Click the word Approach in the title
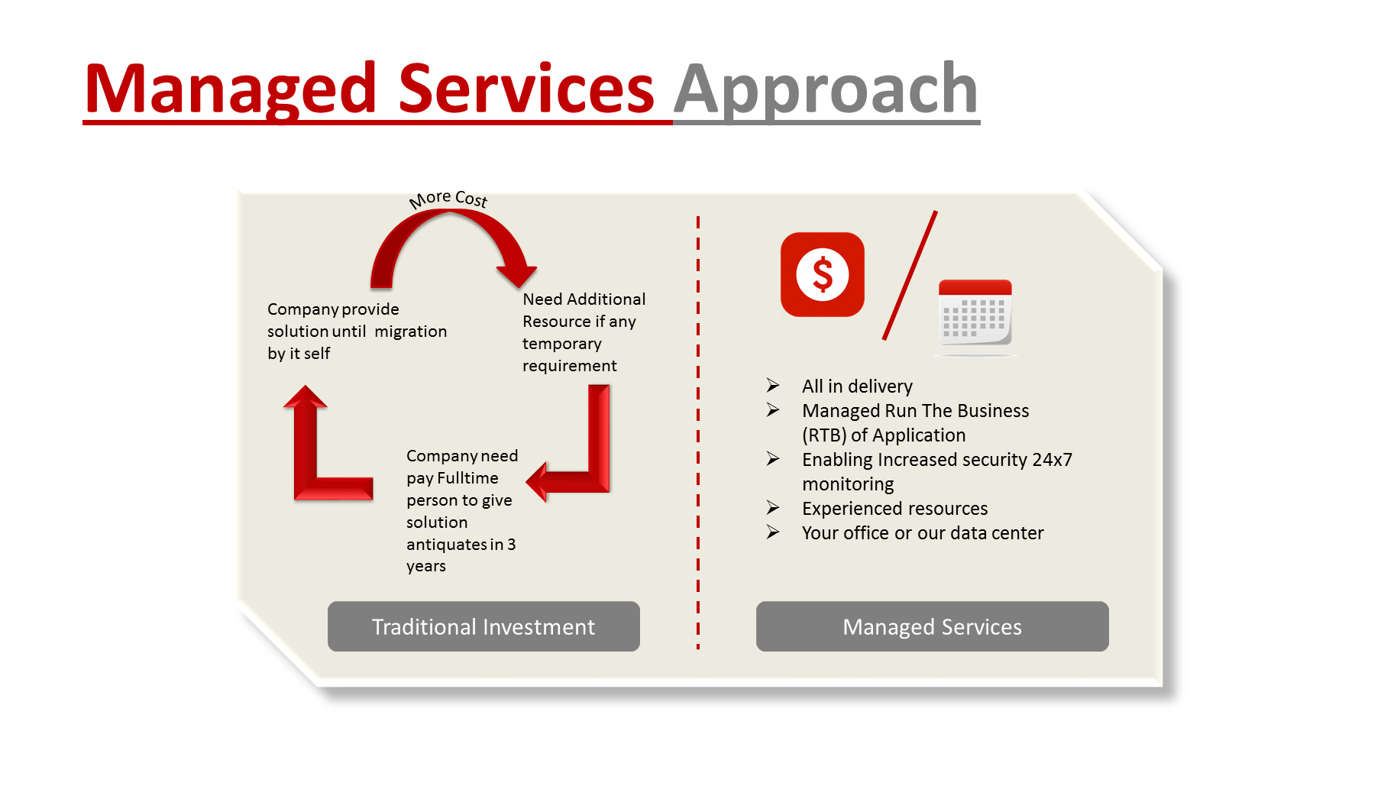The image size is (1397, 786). (x=826, y=90)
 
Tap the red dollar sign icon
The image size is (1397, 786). (x=822, y=274)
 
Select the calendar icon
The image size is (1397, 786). (x=975, y=313)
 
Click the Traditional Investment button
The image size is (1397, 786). (x=483, y=626)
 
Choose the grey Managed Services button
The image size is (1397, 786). (x=932, y=626)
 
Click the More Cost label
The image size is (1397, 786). (x=448, y=199)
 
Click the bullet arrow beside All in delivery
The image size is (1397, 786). (x=773, y=385)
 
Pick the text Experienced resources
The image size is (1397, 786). (x=894, y=509)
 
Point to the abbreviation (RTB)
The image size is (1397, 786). (x=823, y=435)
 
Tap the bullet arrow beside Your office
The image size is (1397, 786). (x=773, y=532)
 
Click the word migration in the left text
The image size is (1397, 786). (x=410, y=332)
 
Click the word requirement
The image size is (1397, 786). (x=569, y=366)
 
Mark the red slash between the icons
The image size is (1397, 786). (x=910, y=275)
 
